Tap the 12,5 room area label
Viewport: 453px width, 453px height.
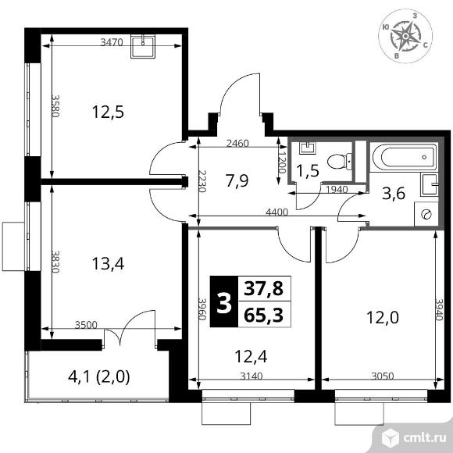pyautogui.click(x=108, y=111)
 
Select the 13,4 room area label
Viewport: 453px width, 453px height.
pyautogui.click(x=107, y=262)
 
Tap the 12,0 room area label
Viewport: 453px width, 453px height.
pyautogui.click(x=383, y=317)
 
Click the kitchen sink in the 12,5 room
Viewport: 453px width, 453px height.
pyautogui.click(x=144, y=46)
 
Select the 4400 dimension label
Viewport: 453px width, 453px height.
pyautogui.click(x=278, y=212)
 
